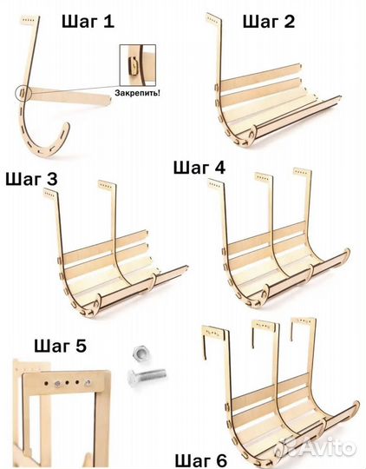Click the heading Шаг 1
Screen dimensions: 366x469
pos(88,22)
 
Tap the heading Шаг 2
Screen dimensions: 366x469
pos(269,22)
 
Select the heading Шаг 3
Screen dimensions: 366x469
pos(32,180)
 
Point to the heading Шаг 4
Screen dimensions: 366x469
pos(199,168)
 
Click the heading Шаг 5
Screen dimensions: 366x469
pos(60,346)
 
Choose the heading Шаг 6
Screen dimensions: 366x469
pos(200,460)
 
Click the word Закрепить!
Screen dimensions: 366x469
pos(137,93)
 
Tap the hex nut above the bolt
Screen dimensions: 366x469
pos(139,353)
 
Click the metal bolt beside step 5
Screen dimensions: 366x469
pos(146,376)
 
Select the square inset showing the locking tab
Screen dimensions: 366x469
pos(138,65)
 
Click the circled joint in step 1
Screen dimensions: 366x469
pos(23,93)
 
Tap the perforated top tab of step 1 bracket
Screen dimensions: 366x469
pos(29,20)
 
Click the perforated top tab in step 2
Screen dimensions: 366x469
pos(213,19)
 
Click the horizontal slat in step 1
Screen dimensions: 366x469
pos(69,96)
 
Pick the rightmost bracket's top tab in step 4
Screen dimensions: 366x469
pos(303,172)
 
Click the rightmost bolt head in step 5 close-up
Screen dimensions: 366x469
pos(88,382)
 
